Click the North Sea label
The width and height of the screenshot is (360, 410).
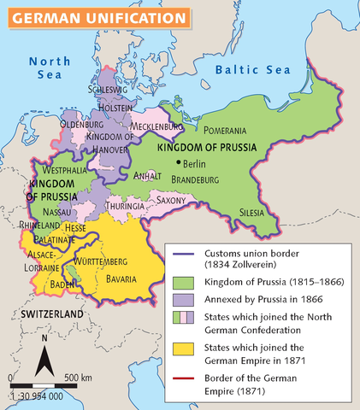pos(49,68)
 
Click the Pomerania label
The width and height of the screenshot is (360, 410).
pos(225,130)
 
